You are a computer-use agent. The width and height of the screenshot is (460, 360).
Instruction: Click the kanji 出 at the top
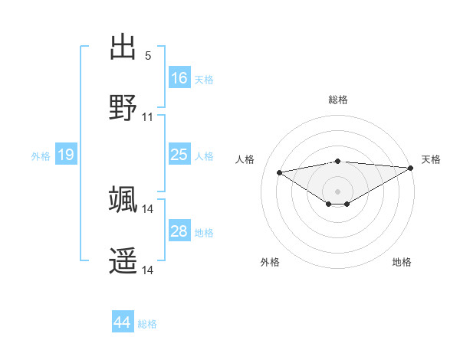click(x=123, y=47)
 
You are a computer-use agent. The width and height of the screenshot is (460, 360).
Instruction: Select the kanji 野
click(x=123, y=108)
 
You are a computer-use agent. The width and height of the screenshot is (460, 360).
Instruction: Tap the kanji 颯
click(x=123, y=200)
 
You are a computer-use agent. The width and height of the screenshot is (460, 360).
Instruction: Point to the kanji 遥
click(x=123, y=261)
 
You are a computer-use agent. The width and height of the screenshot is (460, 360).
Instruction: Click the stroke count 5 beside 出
click(x=148, y=56)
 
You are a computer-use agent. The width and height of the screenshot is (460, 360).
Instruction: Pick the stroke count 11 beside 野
click(x=148, y=117)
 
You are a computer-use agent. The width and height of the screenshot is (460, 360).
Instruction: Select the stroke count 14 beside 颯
click(x=148, y=209)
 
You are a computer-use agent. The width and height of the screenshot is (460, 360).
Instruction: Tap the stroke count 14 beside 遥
click(x=148, y=270)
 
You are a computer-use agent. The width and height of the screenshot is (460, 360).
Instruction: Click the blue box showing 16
click(x=179, y=78)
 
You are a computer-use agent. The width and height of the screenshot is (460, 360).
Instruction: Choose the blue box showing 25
click(x=179, y=155)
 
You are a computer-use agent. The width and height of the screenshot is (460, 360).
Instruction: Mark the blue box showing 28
click(x=179, y=231)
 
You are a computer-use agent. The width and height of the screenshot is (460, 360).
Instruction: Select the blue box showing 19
click(x=66, y=155)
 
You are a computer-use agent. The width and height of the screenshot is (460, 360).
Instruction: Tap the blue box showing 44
click(x=123, y=323)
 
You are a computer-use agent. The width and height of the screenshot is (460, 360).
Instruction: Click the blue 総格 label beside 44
click(x=147, y=324)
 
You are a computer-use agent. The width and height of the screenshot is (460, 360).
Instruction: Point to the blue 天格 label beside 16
click(x=204, y=80)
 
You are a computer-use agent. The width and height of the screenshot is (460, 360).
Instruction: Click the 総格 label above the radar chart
click(x=338, y=100)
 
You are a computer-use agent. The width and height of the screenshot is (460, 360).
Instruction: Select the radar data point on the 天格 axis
click(x=411, y=168)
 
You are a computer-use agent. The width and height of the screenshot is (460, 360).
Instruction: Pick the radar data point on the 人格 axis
click(x=279, y=172)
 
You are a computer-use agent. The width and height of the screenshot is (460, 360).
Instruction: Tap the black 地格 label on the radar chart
click(x=402, y=263)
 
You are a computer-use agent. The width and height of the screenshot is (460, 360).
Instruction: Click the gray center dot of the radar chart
click(x=338, y=191)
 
